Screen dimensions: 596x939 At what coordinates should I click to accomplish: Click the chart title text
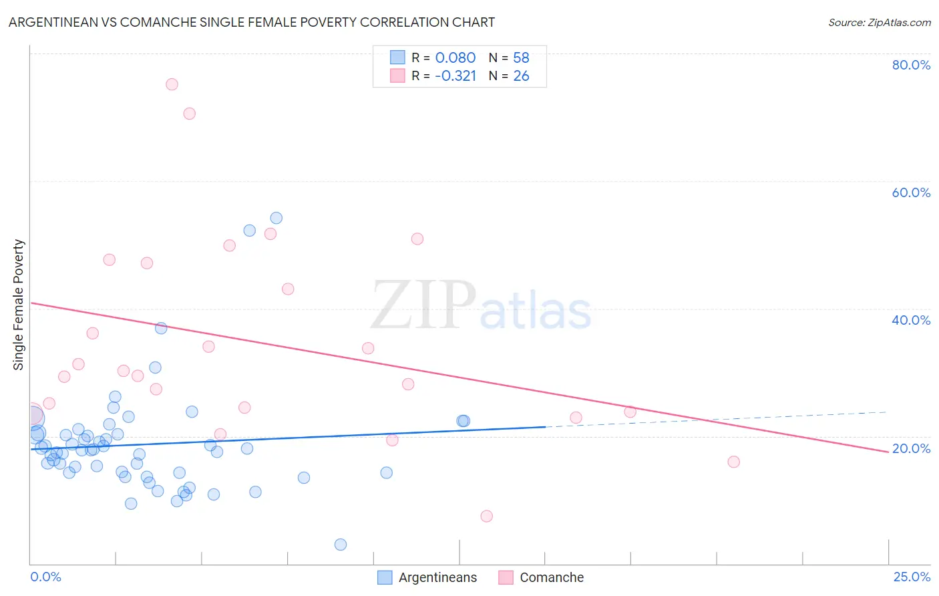tap(252, 22)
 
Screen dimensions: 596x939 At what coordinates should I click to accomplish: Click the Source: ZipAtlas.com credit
tap(879, 22)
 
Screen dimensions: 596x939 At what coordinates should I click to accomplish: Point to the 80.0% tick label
tap(911, 65)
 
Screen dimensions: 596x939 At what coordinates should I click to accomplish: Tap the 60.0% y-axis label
tap(911, 192)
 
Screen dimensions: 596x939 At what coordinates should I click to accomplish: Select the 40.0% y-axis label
tap(911, 320)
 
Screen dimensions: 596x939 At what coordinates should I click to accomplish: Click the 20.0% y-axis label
tap(911, 448)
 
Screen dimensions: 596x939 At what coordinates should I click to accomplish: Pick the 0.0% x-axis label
tap(45, 577)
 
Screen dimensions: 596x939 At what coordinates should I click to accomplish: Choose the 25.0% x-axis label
tap(912, 577)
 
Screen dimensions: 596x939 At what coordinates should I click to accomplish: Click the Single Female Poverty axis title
tap(19, 305)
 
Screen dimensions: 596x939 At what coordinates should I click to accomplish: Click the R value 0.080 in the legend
tap(455, 58)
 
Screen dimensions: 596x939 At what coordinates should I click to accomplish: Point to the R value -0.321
tap(455, 76)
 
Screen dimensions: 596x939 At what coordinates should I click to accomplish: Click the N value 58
tap(521, 58)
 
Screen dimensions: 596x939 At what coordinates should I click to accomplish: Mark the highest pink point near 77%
tap(172, 84)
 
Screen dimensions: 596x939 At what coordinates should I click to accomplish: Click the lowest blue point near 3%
tap(341, 545)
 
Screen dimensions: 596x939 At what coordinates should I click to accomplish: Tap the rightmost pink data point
tap(733, 462)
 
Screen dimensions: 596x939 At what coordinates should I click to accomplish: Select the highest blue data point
tap(276, 218)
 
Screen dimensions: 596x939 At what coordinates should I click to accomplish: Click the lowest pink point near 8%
tap(486, 516)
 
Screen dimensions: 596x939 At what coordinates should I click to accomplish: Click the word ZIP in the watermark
tap(423, 306)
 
